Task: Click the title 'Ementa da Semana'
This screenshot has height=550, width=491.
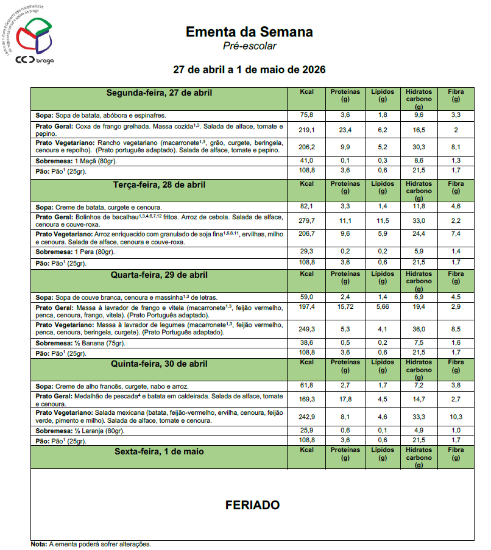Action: pyautogui.click(x=249, y=32)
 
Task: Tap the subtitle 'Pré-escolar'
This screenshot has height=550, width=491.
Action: pyautogui.click(x=249, y=46)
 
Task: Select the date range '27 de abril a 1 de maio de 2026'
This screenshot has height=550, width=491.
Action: pyautogui.click(x=249, y=69)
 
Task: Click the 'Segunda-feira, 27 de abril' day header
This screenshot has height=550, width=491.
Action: pyautogui.click(x=159, y=93)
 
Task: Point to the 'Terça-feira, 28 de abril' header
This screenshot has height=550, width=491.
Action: pyautogui.click(x=159, y=185)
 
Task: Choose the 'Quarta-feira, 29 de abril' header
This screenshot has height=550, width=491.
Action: pyautogui.click(x=159, y=275)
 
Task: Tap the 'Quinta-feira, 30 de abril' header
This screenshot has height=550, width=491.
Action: pyautogui.click(x=159, y=364)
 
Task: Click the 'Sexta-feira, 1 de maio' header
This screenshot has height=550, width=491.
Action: pyautogui.click(x=159, y=452)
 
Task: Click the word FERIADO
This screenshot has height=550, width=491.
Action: pyautogui.click(x=252, y=505)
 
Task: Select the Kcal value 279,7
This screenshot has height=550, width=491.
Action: pyautogui.click(x=306, y=220)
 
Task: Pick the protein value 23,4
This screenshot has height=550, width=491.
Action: pyautogui.click(x=345, y=130)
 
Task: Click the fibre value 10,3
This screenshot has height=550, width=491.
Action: pyautogui.click(x=456, y=417)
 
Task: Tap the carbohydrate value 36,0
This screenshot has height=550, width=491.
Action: pyautogui.click(x=419, y=329)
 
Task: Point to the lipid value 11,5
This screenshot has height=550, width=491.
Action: pyautogui.click(x=383, y=220)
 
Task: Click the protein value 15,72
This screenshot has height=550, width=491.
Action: pyautogui.click(x=345, y=306)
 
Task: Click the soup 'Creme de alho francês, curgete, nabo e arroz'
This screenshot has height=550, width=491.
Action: pyautogui.click(x=122, y=386)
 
